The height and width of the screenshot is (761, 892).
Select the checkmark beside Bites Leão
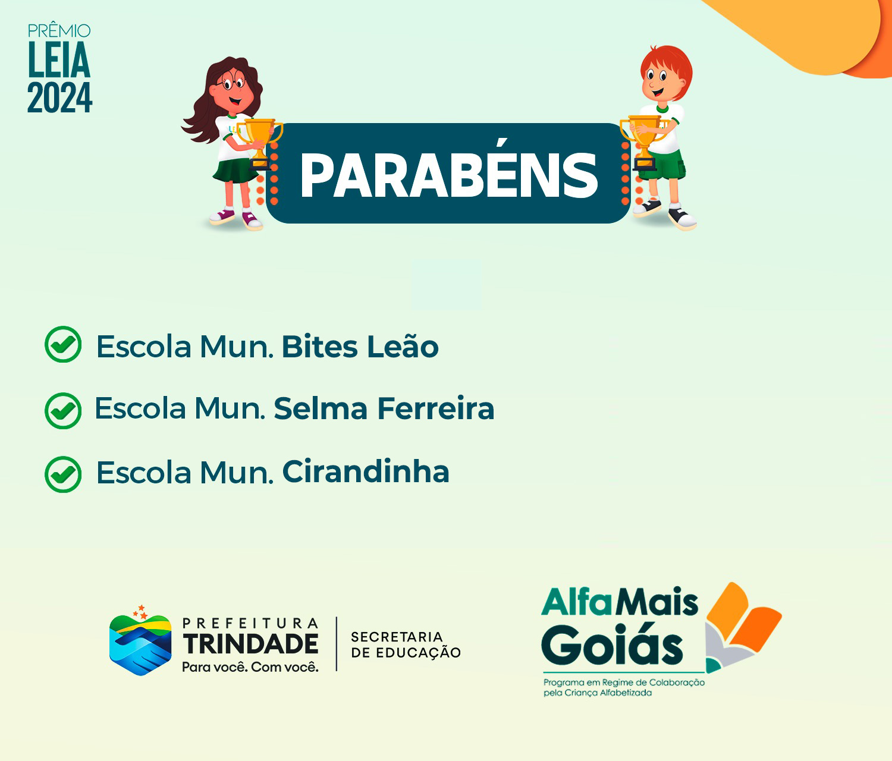click(63, 344)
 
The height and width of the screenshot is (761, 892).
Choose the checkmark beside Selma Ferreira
click(63, 411)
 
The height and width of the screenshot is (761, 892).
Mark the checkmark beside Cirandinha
click(63, 474)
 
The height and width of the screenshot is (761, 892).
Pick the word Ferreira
click(435, 408)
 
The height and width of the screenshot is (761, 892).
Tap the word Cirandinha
click(366, 471)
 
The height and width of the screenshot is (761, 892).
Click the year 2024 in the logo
click(59, 98)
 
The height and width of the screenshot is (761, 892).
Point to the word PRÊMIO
click(59, 30)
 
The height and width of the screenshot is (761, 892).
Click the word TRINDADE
click(251, 644)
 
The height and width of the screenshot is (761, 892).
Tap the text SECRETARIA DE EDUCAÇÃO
click(406, 644)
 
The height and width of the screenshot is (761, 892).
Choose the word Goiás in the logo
click(612, 645)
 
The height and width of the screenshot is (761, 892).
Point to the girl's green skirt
click(235, 170)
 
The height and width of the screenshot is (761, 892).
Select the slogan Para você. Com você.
click(250, 667)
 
